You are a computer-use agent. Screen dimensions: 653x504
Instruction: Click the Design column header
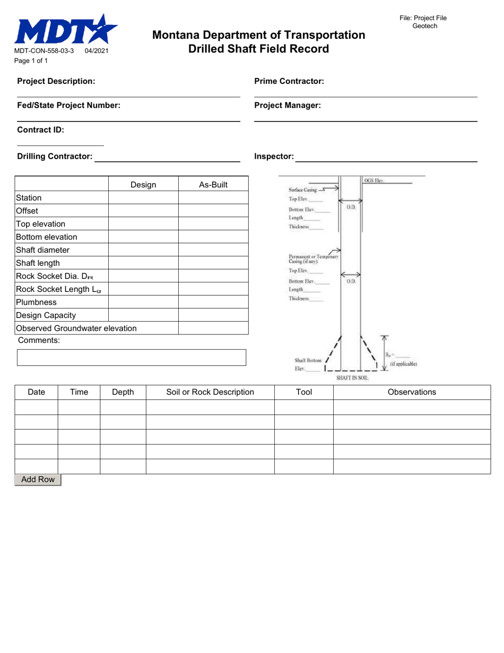coord(143,185)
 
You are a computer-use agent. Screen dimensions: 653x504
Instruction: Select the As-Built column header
coord(213,185)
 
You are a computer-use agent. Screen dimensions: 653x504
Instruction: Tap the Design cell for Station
coord(143,198)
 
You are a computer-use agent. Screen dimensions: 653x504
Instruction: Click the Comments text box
coord(132,357)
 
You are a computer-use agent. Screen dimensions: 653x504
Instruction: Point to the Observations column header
coord(412,392)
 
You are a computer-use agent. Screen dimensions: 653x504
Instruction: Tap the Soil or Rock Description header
coord(210,392)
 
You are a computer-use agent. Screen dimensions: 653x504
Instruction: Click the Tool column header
coord(303,392)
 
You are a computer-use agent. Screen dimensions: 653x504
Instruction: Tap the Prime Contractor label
coord(289,81)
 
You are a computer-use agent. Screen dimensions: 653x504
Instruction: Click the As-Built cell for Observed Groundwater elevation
coord(213,328)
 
